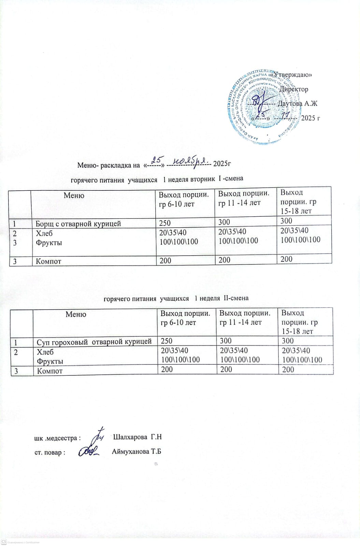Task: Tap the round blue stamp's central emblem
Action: point(262,99)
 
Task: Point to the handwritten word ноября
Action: point(190,160)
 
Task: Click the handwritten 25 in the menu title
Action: point(157,159)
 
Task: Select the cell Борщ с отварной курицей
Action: point(78,224)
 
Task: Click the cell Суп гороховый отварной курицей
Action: point(94,342)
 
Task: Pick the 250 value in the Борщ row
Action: point(165,223)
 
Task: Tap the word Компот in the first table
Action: point(48,261)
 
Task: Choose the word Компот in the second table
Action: point(49,371)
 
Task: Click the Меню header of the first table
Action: point(74,196)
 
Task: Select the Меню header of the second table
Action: point(76,314)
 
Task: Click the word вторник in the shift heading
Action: point(203,179)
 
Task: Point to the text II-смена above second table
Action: point(236,298)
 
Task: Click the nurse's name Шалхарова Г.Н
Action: point(137,437)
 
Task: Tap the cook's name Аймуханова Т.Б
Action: point(136,451)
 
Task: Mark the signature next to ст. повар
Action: point(89,451)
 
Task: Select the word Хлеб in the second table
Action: point(45,352)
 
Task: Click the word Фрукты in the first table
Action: point(49,243)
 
